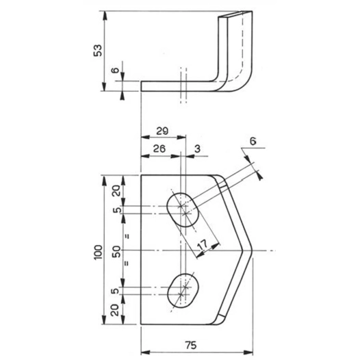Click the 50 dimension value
point(116,251)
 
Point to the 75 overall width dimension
point(196,345)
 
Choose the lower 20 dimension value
point(116,312)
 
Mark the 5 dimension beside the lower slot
point(117,292)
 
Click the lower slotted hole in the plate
point(182,290)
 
